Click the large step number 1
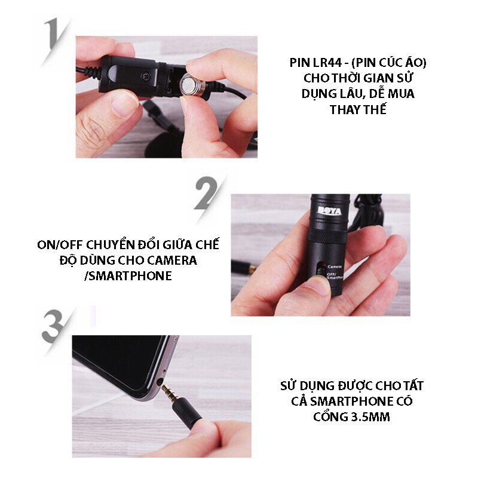coord(53,33)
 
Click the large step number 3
coord(53,326)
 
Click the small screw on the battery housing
coord(146,76)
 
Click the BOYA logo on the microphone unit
coord(329,210)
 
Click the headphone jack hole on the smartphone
coord(160,381)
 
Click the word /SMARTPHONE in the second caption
coord(128,276)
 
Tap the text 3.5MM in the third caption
coord(370,416)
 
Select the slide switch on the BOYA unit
coord(320,270)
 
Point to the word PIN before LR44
coord(300,63)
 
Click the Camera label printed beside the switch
coord(334,267)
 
